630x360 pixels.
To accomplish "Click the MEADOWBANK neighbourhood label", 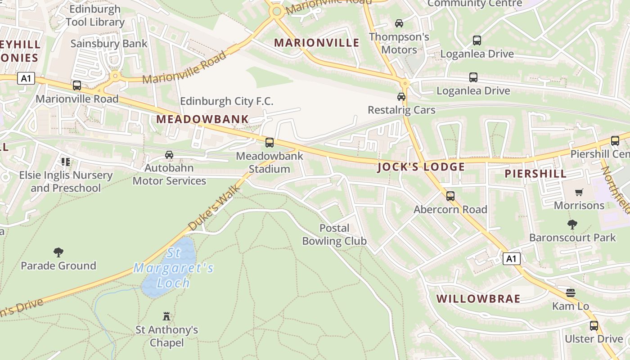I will click(202, 119).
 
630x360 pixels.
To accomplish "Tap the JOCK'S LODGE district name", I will click(421, 167).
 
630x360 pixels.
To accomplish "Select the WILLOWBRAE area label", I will click(478, 299).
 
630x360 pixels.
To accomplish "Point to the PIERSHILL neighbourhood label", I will click(535, 174).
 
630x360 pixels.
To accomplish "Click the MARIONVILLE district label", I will click(317, 43).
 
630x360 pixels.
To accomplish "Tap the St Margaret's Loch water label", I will click(173, 268).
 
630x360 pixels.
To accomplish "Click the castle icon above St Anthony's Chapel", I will click(166, 316).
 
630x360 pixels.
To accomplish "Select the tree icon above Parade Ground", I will click(58, 252).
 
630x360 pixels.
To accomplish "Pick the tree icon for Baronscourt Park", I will click(572, 224).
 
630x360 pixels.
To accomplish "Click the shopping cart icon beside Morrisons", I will click(579, 192).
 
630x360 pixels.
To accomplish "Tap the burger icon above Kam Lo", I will click(571, 293).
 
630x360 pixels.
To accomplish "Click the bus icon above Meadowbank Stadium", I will click(270, 143).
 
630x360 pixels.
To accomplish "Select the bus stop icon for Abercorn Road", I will click(450, 196).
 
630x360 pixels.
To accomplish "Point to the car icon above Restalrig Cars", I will click(401, 96).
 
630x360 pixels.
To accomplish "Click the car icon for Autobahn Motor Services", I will click(169, 155).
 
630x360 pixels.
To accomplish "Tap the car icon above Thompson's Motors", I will click(399, 23).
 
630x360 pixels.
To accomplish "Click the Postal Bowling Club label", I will click(334, 234).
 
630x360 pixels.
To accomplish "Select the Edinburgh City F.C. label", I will click(227, 101).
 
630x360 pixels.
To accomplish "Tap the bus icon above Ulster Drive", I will click(594, 325).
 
